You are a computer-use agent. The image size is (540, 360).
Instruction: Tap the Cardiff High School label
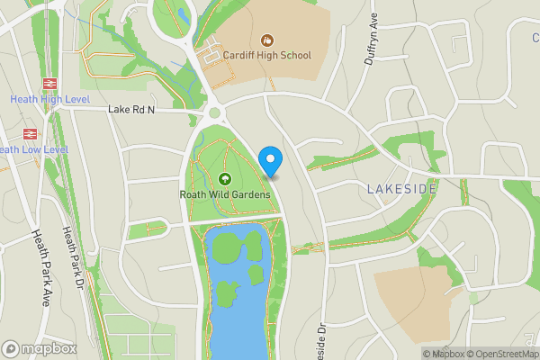pos(266,56)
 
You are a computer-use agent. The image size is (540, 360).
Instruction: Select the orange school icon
pos(267,40)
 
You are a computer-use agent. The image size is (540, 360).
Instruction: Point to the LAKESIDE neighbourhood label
pos(401,189)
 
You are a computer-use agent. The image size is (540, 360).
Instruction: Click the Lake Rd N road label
pos(131,110)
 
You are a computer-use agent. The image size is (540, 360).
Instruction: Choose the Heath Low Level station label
pos(32,149)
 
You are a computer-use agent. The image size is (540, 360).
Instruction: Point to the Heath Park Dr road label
pos(72,256)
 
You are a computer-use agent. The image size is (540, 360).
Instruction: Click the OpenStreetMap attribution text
pos(500,354)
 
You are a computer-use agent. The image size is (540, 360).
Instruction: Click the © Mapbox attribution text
pos(442,354)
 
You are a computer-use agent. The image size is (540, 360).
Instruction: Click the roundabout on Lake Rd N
pos(214,113)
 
